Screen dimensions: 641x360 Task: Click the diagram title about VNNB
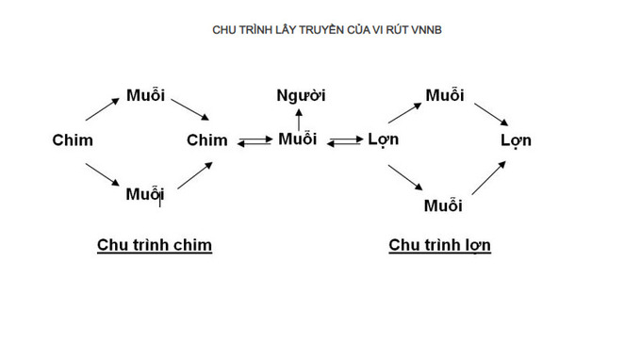327,30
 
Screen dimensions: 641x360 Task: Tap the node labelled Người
301,95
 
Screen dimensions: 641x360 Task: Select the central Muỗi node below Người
298,139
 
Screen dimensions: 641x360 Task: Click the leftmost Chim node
73,140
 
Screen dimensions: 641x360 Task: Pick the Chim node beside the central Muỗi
206,140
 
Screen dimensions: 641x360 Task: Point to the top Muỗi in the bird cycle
145,95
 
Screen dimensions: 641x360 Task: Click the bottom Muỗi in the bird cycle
145,194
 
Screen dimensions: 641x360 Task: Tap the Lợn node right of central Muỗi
383,139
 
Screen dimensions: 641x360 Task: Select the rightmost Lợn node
516,140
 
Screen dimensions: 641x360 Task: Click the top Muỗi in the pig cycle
445,95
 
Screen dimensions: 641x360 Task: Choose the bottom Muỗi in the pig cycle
443,205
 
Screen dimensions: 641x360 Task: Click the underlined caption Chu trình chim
155,245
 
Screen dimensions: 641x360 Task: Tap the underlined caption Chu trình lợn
440,245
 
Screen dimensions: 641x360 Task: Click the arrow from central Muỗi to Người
299,120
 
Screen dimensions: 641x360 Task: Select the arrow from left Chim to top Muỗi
102,109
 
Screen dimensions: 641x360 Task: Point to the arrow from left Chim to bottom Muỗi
102,174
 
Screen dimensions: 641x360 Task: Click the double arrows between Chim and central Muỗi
255,141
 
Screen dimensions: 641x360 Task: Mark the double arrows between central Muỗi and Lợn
345,141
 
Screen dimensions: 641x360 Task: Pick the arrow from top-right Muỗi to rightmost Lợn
491,114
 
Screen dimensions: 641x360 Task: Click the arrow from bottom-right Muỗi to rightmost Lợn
489,178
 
